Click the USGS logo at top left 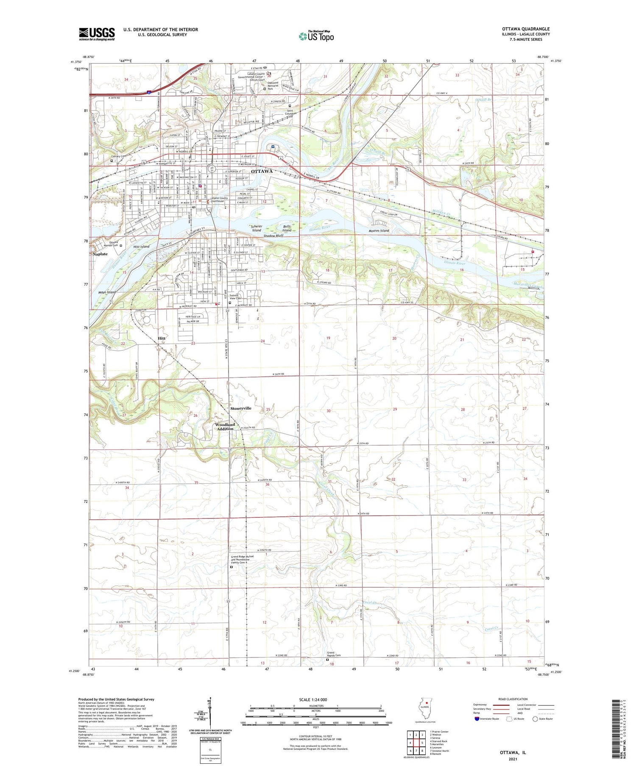pyautogui.click(x=97, y=34)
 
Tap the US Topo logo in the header pyautogui.click(x=316, y=36)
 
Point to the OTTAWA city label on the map pyautogui.click(x=262, y=171)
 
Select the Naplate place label pyautogui.click(x=100, y=254)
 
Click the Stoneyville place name pyautogui.click(x=241, y=408)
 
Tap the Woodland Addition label pyautogui.click(x=225, y=427)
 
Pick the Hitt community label pyautogui.click(x=162, y=338)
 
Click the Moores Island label pyautogui.click(x=379, y=231)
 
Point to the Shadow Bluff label pyautogui.click(x=273, y=236)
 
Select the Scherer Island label pyautogui.click(x=257, y=228)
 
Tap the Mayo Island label pyautogui.click(x=107, y=292)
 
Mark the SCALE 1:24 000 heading pyautogui.click(x=313, y=699)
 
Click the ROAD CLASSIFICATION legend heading pyautogui.click(x=513, y=699)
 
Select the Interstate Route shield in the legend pyautogui.click(x=477, y=719)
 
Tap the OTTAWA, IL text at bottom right pyautogui.click(x=513, y=753)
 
